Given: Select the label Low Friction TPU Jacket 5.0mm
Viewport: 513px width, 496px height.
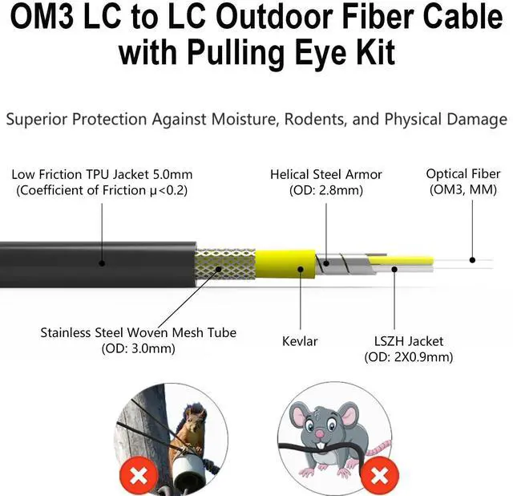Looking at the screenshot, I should [103, 174].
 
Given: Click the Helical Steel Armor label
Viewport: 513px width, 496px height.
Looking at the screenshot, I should [326, 174].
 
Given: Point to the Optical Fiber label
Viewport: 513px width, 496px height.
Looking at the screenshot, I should [463, 174].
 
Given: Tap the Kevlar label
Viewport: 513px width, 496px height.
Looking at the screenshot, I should [300, 341].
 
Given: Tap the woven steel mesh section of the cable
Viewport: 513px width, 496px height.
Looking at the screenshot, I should [225, 262].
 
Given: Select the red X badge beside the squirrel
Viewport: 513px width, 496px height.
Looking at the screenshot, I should [138, 476].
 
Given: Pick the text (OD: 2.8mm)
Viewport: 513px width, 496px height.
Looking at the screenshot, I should [326, 190].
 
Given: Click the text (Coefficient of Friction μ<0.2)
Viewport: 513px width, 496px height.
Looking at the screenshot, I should [103, 190].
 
